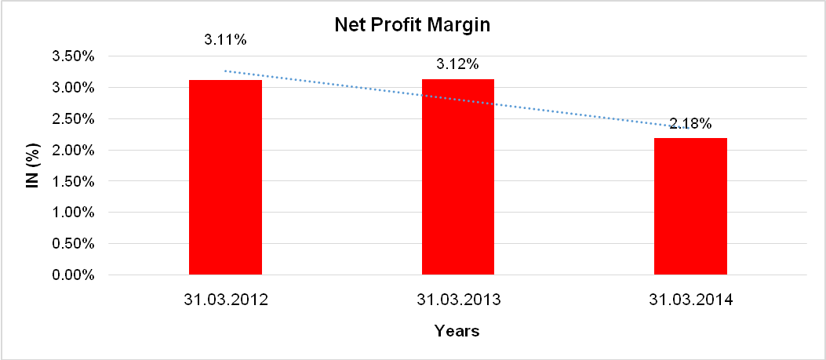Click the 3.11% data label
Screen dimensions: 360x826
(225, 38)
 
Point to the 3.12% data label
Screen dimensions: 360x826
(458, 64)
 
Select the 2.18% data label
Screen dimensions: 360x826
(690, 123)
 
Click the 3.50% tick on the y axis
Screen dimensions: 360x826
(74, 56)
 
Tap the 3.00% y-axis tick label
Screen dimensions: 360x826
(74, 88)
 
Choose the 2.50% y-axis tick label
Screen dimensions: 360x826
(74, 119)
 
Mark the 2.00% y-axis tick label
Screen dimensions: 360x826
(74, 151)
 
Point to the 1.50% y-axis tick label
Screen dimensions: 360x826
(74, 181)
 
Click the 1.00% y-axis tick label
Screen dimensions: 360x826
(74, 213)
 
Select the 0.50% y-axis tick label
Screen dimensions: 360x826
(74, 244)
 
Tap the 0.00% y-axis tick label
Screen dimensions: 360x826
(74, 275)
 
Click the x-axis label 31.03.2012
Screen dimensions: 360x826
(225, 300)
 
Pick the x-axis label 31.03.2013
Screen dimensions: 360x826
(458, 300)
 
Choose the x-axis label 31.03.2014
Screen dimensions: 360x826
(690, 300)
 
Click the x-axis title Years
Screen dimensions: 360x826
(457, 331)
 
